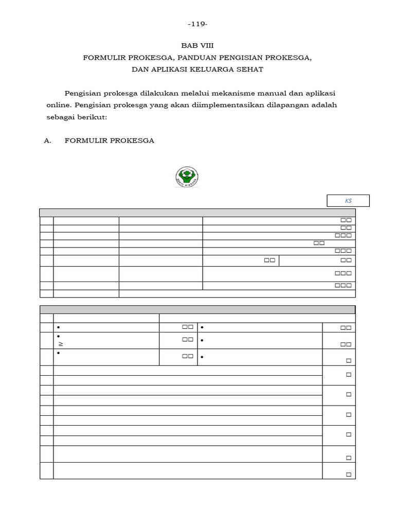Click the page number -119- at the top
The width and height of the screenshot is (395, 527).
pos(197,24)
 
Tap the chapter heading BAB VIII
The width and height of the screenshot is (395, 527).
pos(197,45)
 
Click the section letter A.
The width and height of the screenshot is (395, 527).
pos(48,140)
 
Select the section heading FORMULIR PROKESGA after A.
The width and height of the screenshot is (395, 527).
pos(109,140)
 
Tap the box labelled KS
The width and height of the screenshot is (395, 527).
pos(348,201)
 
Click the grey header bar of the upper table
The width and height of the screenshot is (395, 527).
pos(197,213)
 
